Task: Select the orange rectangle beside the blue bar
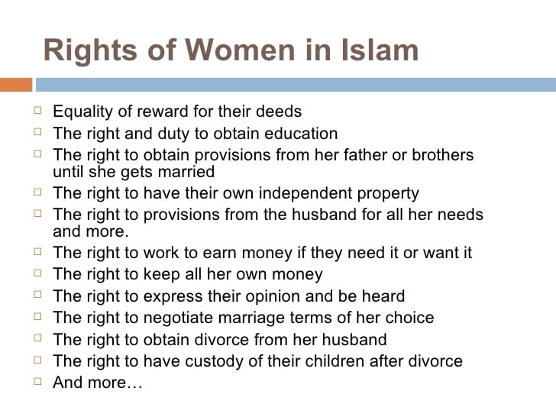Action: (15, 84)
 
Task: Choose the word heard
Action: (383, 296)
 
